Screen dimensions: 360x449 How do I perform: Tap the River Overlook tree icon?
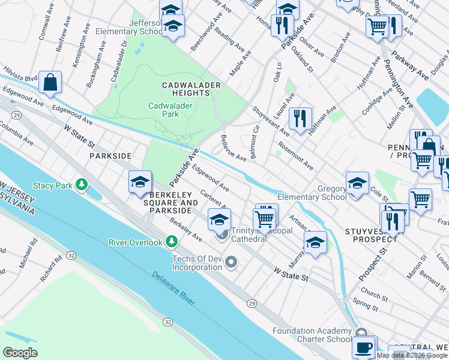point(172,242)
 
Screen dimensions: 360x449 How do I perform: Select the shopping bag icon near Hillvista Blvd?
point(50,82)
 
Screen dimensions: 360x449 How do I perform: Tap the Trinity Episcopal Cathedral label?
point(258,235)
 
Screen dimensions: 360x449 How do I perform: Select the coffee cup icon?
point(364,347)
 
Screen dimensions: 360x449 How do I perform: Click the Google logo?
point(20,353)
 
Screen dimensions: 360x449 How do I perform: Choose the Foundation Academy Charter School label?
point(312,335)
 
